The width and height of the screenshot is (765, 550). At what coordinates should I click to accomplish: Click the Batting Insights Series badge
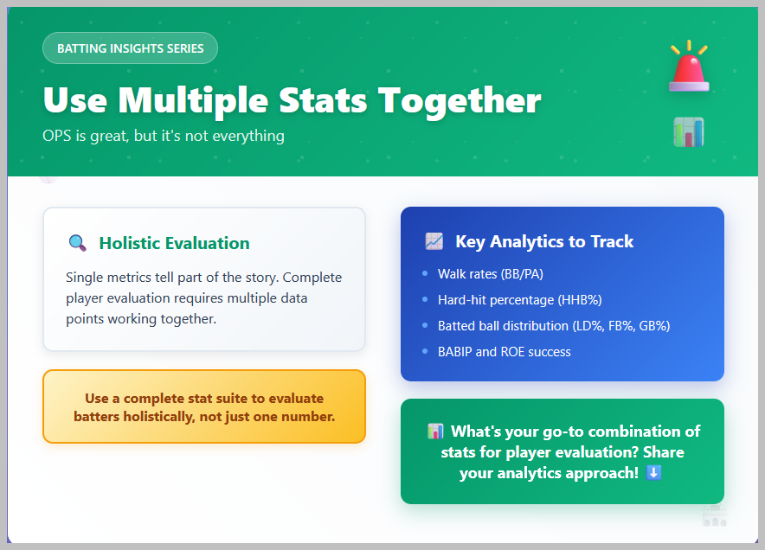131,48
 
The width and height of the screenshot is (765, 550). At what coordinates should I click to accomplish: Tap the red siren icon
689,67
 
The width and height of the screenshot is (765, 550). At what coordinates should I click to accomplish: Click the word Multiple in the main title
193,101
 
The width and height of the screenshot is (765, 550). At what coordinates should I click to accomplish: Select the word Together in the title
460,101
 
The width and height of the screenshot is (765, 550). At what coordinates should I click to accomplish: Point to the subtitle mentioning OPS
164,136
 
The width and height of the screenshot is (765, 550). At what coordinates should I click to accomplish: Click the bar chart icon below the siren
689,132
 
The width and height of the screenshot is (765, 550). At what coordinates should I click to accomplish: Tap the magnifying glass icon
78,243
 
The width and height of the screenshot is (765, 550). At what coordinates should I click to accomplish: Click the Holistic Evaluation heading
174,243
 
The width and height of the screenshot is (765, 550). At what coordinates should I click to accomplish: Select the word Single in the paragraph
85,278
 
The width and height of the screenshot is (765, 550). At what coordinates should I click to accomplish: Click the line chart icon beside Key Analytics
434,241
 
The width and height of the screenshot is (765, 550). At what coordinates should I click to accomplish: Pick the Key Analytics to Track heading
544,241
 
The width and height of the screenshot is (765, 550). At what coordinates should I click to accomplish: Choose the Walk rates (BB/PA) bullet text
491,274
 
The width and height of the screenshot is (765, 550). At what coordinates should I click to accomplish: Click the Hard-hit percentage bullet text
519,300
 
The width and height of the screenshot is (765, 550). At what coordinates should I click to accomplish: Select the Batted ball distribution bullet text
554,326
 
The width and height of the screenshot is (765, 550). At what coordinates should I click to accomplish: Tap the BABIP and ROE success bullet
504,352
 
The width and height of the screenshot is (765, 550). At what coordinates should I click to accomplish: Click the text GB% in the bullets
654,326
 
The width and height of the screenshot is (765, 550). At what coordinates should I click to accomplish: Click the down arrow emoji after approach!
653,472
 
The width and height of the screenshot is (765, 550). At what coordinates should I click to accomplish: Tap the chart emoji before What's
435,431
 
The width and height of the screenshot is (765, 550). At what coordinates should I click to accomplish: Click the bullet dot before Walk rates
425,273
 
